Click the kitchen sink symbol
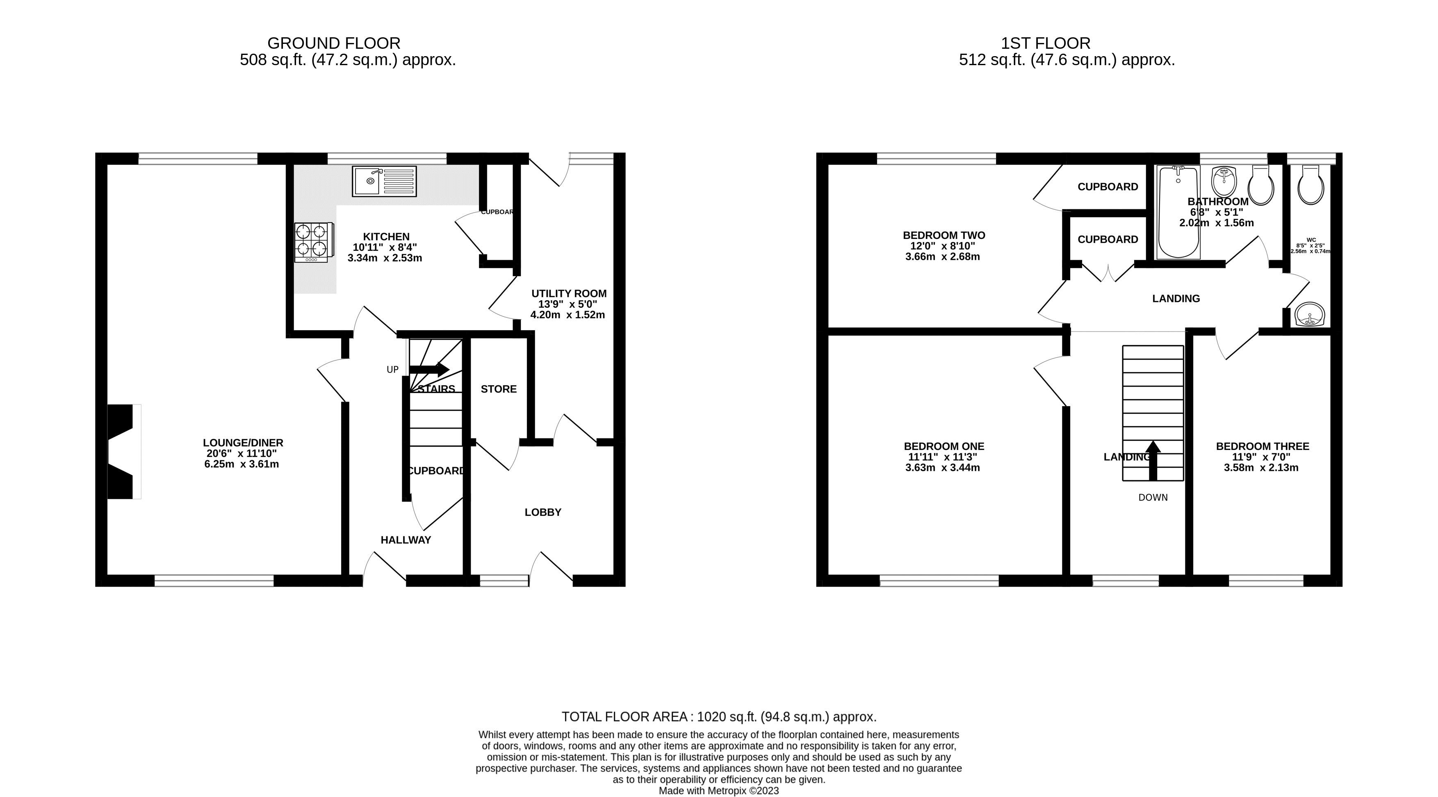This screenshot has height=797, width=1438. tap(384, 181)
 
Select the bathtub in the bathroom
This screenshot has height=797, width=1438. tap(1178, 212)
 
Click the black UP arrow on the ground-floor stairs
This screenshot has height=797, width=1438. tap(429, 369)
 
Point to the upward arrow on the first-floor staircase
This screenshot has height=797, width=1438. tap(1153, 461)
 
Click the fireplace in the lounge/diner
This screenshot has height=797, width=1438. tap(122, 451)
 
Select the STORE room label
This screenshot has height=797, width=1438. tap(499, 389)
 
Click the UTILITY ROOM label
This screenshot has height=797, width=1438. tap(568, 293)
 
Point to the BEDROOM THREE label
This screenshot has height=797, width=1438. tap(1262, 446)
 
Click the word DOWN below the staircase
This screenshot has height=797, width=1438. tap(1153, 497)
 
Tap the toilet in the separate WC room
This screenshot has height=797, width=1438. tap(1310, 185)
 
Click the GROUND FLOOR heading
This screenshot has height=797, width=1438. tap(334, 43)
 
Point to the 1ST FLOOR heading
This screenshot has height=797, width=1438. tap(1046, 43)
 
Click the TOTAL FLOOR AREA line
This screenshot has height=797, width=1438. tap(718, 717)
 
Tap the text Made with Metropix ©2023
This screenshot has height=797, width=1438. tap(718, 791)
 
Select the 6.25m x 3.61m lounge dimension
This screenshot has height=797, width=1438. tap(242, 464)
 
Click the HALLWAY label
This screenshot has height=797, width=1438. tap(406, 540)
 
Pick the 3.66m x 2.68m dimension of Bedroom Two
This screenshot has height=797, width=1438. tap(942, 257)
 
